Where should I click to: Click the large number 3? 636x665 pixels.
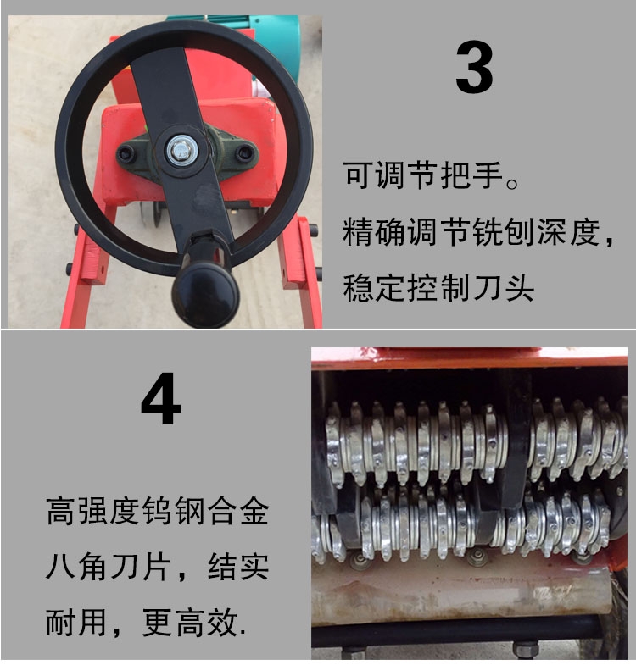474,67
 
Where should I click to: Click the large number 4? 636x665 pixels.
161,398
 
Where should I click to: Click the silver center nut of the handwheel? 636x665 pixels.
181,151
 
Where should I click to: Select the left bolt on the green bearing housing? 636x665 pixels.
126,153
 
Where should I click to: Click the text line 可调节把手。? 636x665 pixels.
432,175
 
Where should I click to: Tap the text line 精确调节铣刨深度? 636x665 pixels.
478,232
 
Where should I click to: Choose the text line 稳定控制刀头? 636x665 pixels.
438,288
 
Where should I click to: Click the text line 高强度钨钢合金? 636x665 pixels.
158,512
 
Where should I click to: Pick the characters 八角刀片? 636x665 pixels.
109,567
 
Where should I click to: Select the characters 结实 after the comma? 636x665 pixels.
238,567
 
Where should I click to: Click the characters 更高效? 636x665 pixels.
190,622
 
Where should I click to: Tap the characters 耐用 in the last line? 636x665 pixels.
75,622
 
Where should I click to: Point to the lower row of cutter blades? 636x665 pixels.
463,526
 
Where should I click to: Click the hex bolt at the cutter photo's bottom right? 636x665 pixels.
525,649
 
